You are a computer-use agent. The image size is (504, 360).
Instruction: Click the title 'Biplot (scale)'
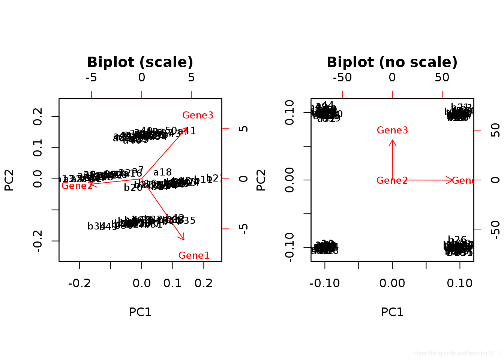(x=140, y=62)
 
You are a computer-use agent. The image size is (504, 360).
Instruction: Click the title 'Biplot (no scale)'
(x=392, y=62)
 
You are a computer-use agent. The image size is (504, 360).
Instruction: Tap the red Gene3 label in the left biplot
(x=198, y=115)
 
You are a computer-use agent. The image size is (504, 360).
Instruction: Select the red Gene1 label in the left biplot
(x=194, y=256)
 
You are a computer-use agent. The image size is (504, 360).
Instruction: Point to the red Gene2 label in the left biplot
(x=77, y=186)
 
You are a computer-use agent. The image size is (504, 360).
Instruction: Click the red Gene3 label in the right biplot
(x=392, y=130)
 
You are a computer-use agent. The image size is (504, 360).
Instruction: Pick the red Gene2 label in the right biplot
(x=392, y=181)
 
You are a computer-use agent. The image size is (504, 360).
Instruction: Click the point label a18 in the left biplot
(x=162, y=172)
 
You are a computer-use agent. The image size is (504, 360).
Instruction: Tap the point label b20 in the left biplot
(x=133, y=188)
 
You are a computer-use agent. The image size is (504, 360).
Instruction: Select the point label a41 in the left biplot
(x=187, y=131)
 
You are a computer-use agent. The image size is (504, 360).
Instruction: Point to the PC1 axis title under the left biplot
(x=140, y=312)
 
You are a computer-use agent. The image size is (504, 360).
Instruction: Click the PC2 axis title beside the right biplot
(x=261, y=180)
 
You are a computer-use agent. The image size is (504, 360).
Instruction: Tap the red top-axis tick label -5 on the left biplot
(x=91, y=78)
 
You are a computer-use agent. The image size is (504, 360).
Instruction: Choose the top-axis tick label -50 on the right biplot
(x=342, y=78)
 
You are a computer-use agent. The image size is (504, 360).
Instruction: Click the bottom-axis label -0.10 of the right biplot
(x=325, y=283)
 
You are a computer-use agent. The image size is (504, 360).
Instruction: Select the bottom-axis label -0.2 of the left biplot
(x=79, y=283)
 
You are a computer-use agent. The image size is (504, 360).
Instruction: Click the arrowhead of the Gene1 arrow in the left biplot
(x=184, y=239)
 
